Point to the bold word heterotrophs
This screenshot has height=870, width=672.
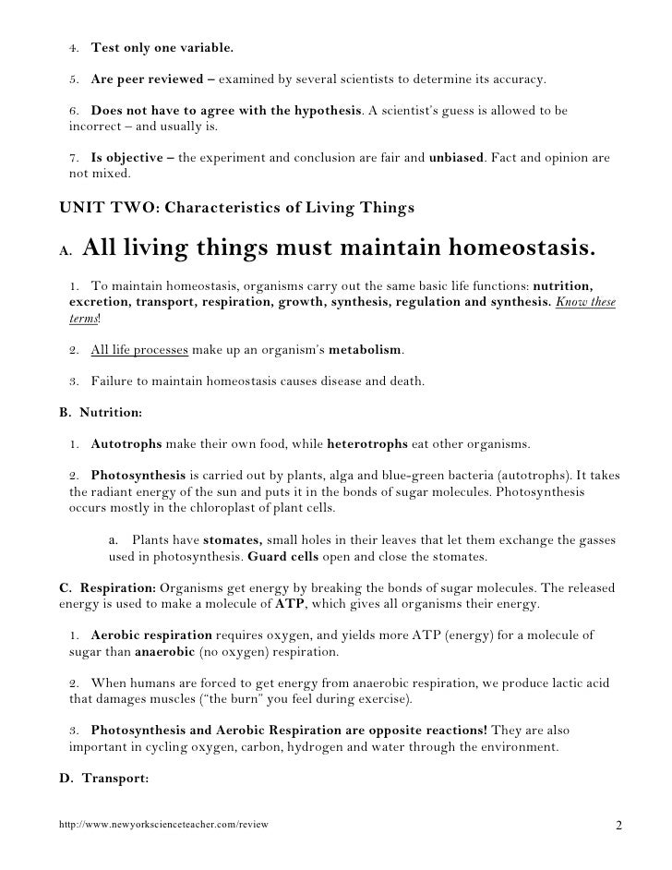pyautogui.click(x=367, y=443)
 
